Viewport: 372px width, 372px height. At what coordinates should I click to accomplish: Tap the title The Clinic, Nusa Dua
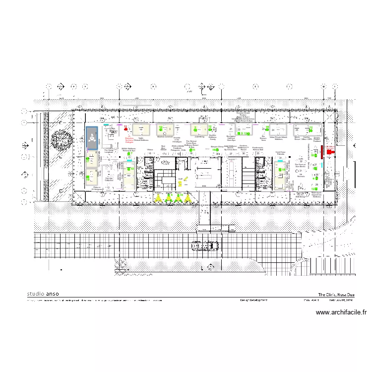[336, 294]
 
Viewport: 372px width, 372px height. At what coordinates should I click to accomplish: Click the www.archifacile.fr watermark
[341, 312]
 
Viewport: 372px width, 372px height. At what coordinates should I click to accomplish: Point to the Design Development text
[253, 300]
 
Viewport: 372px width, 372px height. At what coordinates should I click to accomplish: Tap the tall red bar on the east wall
[321, 151]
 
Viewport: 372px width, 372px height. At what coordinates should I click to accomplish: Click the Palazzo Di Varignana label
[98, 188]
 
